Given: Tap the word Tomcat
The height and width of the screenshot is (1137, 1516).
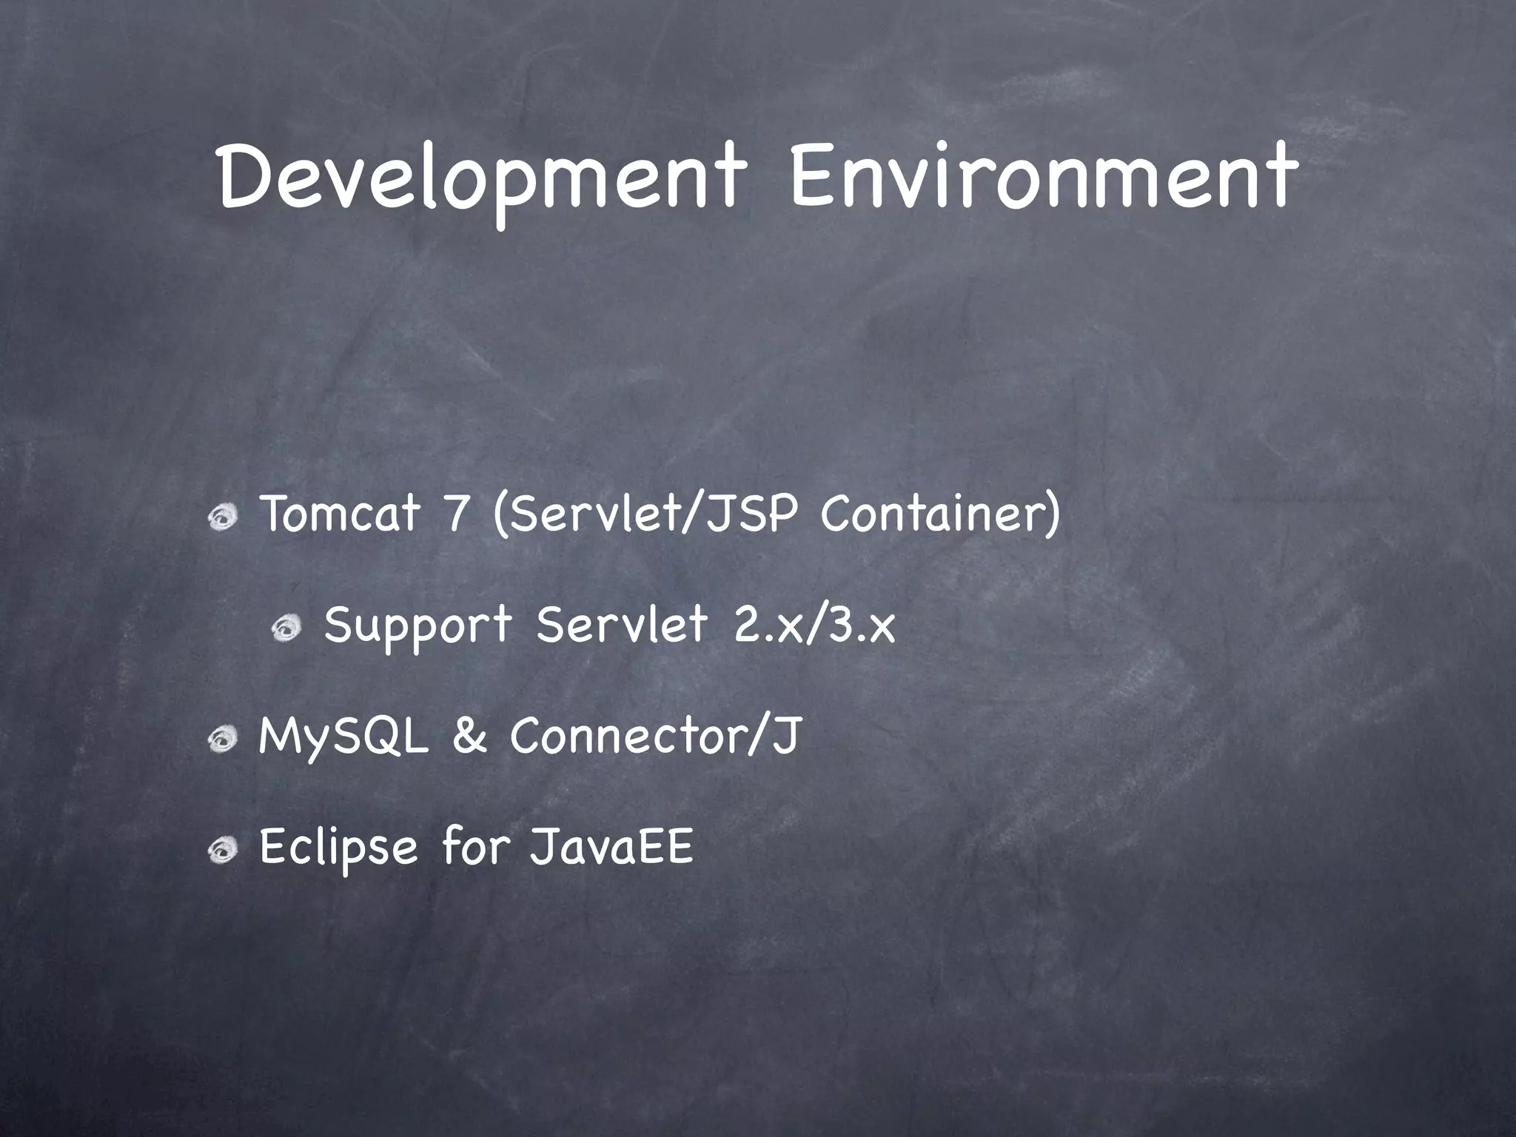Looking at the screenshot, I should click(340, 514).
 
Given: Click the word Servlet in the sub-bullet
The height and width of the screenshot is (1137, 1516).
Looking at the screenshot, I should click(622, 625).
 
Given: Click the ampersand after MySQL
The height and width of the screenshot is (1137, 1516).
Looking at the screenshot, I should click(469, 737).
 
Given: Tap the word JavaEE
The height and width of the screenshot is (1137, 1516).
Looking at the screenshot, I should click(611, 847).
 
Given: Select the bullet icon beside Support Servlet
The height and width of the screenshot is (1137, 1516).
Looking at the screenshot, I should click(286, 629).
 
